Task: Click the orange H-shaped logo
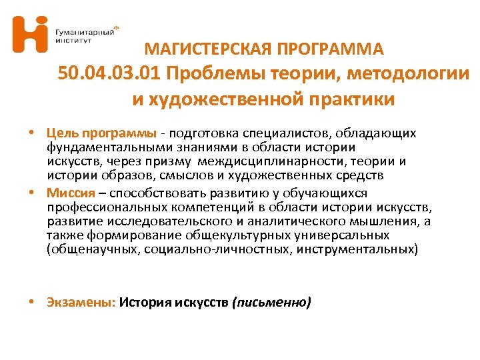[30, 34]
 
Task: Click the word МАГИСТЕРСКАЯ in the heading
[204, 49]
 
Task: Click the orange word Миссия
[68, 193]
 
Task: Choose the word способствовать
[153, 193]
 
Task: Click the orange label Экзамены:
[81, 303]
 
